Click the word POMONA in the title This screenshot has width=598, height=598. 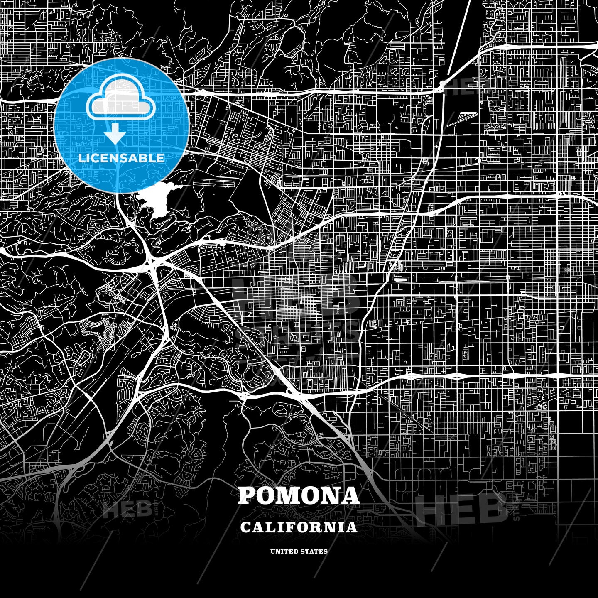point(299,495)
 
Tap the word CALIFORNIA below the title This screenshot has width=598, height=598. point(299,527)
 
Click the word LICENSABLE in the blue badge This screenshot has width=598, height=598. point(121,158)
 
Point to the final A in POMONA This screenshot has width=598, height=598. point(351,495)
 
